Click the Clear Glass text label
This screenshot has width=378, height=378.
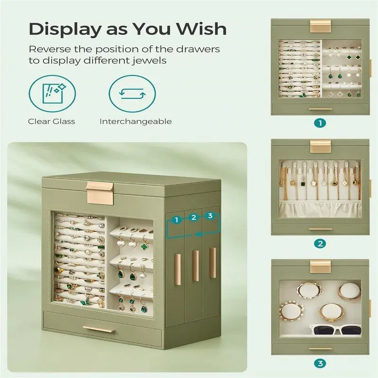coord(51,121)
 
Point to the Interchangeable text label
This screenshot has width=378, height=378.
coord(136,121)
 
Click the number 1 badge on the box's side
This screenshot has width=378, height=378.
coord(176,219)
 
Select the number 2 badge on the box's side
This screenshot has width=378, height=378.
coord(193,217)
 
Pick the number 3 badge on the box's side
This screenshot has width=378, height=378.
coord(210,216)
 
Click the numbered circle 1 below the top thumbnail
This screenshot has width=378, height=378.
coord(320,123)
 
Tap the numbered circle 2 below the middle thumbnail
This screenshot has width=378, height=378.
coord(320,244)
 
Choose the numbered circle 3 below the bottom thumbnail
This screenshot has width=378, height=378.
coord(320,364)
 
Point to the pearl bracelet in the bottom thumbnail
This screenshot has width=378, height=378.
coord(292,311)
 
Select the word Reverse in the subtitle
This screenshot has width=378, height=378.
coord(48,49)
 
